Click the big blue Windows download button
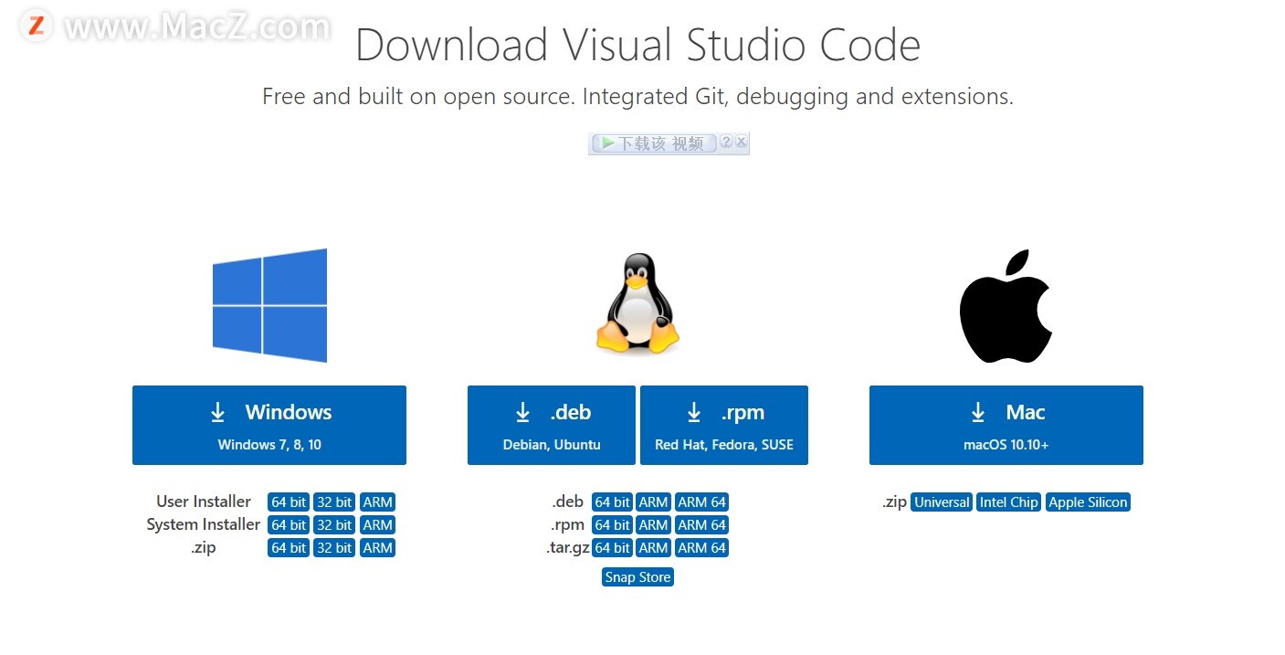tap(269, 425)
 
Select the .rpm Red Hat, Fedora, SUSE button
tap(724, 425)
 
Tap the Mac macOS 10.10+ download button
tap(1006, 425)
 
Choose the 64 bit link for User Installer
tap(289, 502)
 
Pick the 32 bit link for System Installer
tap(334, 525)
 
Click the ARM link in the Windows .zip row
tap(377, 548)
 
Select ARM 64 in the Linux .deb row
tap(701, 502)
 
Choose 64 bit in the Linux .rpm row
tap(612, 525)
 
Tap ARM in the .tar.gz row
tap(653, 548)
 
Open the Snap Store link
tap(637, 577)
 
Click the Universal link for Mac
tap(942, 502)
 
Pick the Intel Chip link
tap(1008, 502)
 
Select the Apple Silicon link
tap(1088, 502)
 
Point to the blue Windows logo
tap(269, 305)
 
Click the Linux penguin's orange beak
tap(637, 282)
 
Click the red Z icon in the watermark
tap(37, 26)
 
